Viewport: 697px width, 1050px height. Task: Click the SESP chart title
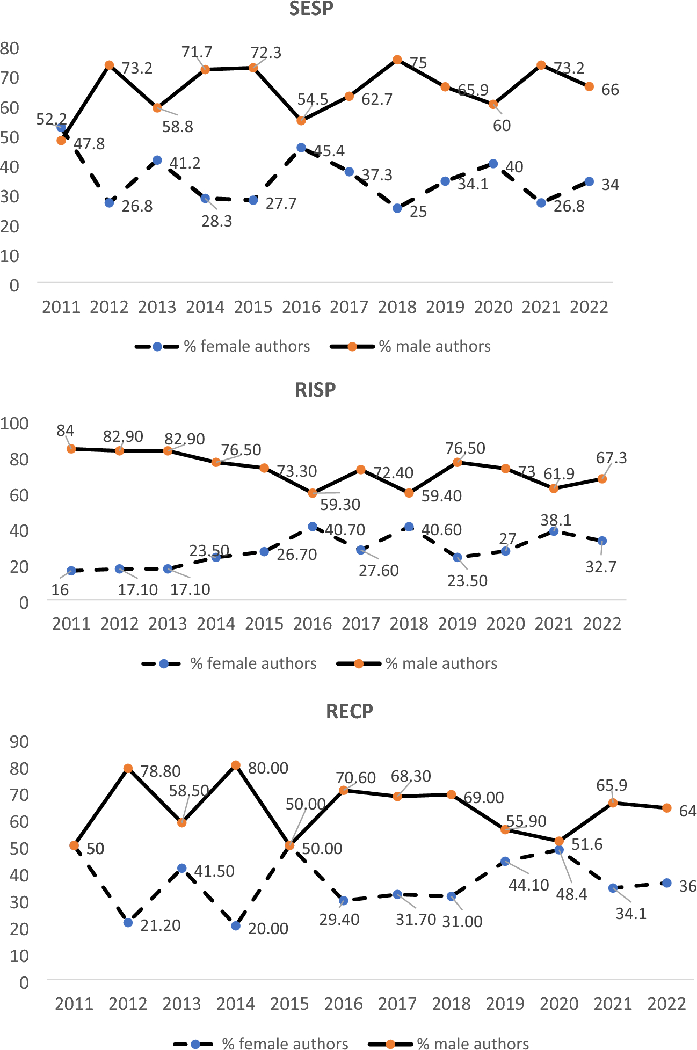click(311, 9)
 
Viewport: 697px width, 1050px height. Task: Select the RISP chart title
click(315, 390)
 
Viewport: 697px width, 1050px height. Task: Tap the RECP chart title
click(349, 711)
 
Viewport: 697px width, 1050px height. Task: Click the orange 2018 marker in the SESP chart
click(397, 60)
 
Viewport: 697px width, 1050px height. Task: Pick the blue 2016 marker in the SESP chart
click(301, 148)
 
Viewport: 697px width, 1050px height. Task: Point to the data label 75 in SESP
click(418, 63)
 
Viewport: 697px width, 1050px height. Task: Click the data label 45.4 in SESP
click(329, 151)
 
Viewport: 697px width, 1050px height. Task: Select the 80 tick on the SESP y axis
click(10, 48)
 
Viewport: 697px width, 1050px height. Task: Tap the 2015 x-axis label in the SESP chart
click(253, 307)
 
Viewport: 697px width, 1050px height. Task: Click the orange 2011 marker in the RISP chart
click(71, 449)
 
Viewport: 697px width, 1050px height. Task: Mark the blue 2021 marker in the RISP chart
click(554, 531)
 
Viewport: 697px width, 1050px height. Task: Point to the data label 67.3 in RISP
click(611, 458)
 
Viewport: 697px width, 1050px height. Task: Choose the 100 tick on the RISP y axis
click(14, 423)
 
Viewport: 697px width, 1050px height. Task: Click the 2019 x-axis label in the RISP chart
click(457, 624)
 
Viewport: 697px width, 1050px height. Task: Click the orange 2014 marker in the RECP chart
click(236, 765)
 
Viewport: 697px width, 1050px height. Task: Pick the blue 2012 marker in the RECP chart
click(128, 922)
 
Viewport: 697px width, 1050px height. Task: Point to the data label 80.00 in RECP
click(268, 768)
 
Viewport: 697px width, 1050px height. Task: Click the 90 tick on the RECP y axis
click(19, 742)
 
